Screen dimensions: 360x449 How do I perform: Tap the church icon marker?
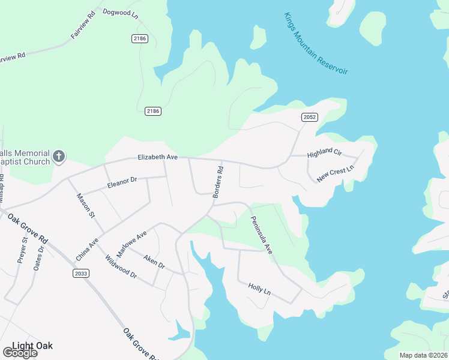(59, 157)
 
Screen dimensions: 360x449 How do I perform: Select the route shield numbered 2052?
(309, 118)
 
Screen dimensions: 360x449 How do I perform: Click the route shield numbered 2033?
(81, 274)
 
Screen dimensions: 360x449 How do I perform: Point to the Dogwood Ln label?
(120, 13)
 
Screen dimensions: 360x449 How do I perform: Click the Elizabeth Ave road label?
(157, 157)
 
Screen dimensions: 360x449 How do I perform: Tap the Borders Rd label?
(218, 182)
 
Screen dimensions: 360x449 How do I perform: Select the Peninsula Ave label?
(262, 235)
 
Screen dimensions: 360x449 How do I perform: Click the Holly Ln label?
(259, 289)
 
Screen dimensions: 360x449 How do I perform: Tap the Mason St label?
(85, 205)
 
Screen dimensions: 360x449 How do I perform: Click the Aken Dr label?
(154, 261)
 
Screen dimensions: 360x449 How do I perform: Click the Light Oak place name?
(32, 346)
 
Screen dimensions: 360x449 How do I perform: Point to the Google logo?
(19, 353)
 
